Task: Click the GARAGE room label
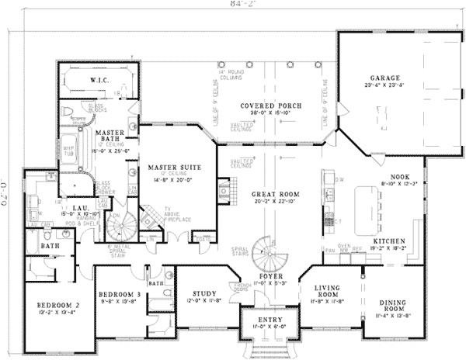tap(384, 78)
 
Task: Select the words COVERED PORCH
tap(270, 105)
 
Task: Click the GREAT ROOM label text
tap(270, 194)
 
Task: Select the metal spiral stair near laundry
tap(122, 228)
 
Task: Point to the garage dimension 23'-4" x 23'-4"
tap(384, 86)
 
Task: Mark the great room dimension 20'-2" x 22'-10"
tap(270, 202)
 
